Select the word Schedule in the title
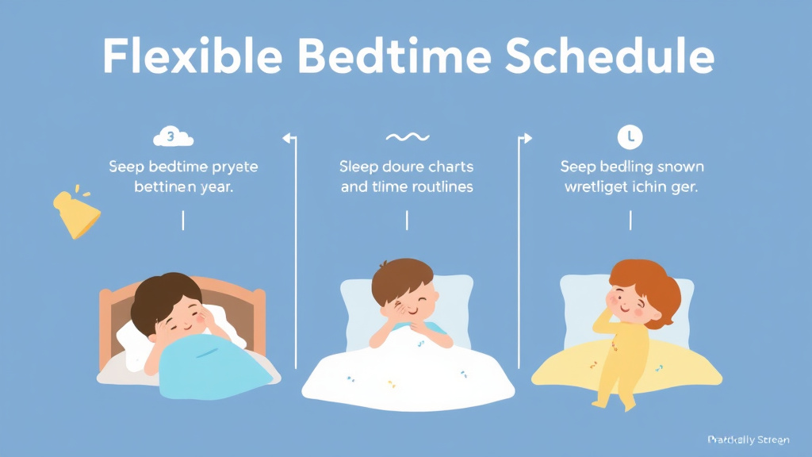(611, 57)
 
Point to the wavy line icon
(406, 137)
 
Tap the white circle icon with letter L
(630, 137)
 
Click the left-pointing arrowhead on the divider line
(287, 138)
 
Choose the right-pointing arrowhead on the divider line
(527, 138)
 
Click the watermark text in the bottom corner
(748, 440)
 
